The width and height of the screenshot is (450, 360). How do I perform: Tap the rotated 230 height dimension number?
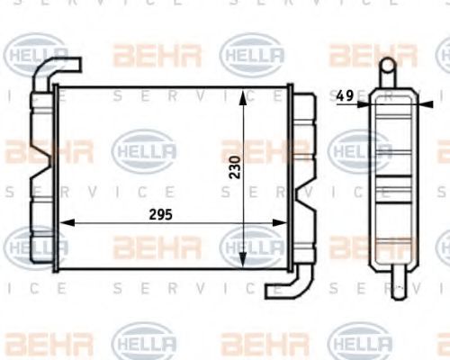coord(234,167)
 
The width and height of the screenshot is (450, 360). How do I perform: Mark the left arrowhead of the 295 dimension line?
coord(60,225)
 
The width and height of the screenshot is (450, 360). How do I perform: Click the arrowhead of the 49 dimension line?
coord(364,103)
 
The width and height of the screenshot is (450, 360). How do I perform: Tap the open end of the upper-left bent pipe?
coord(78,66)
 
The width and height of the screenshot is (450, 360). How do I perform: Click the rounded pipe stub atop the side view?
coord(386,67)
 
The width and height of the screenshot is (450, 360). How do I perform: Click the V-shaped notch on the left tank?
coord(39,176)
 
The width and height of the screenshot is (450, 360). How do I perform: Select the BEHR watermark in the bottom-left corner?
coord(36,343)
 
